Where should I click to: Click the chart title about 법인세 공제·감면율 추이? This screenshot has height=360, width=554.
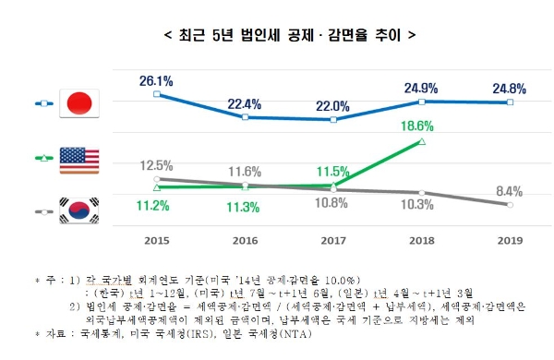coord(277,36)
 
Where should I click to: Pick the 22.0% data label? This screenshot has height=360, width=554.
coord(333,106)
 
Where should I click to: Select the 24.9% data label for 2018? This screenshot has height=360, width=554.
coord(422,88)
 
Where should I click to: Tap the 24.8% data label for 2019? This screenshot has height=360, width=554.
coord(510,89)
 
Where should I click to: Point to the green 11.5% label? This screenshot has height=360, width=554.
coord(333,171)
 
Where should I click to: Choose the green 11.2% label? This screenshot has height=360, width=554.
coord(157,203)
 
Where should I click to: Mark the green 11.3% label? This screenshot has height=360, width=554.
coord(245,205)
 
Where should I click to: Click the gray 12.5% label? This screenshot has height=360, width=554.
coord(157,164)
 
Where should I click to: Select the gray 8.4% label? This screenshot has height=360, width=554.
coord(510,191)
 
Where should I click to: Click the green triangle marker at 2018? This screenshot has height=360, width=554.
coord(422,141)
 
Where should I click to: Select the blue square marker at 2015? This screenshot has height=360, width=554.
coord(157,94)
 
